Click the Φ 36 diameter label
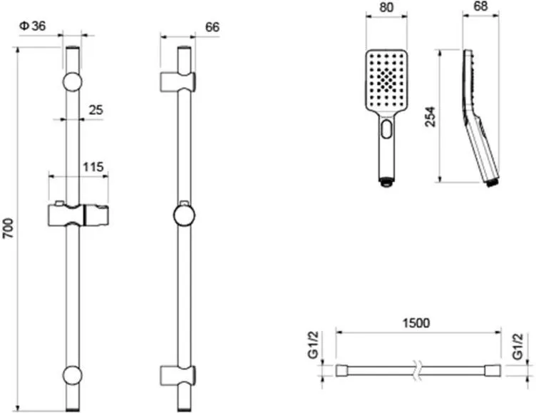point(33,26)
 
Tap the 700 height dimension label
point(8,228)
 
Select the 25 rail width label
point(96,110)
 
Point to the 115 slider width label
point(93,167)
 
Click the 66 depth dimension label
point(212,27)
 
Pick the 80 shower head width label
point(386,7)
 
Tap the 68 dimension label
point(480,6)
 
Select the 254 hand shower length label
point(431,117)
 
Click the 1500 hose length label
point(416,322)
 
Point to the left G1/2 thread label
point(313,345)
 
